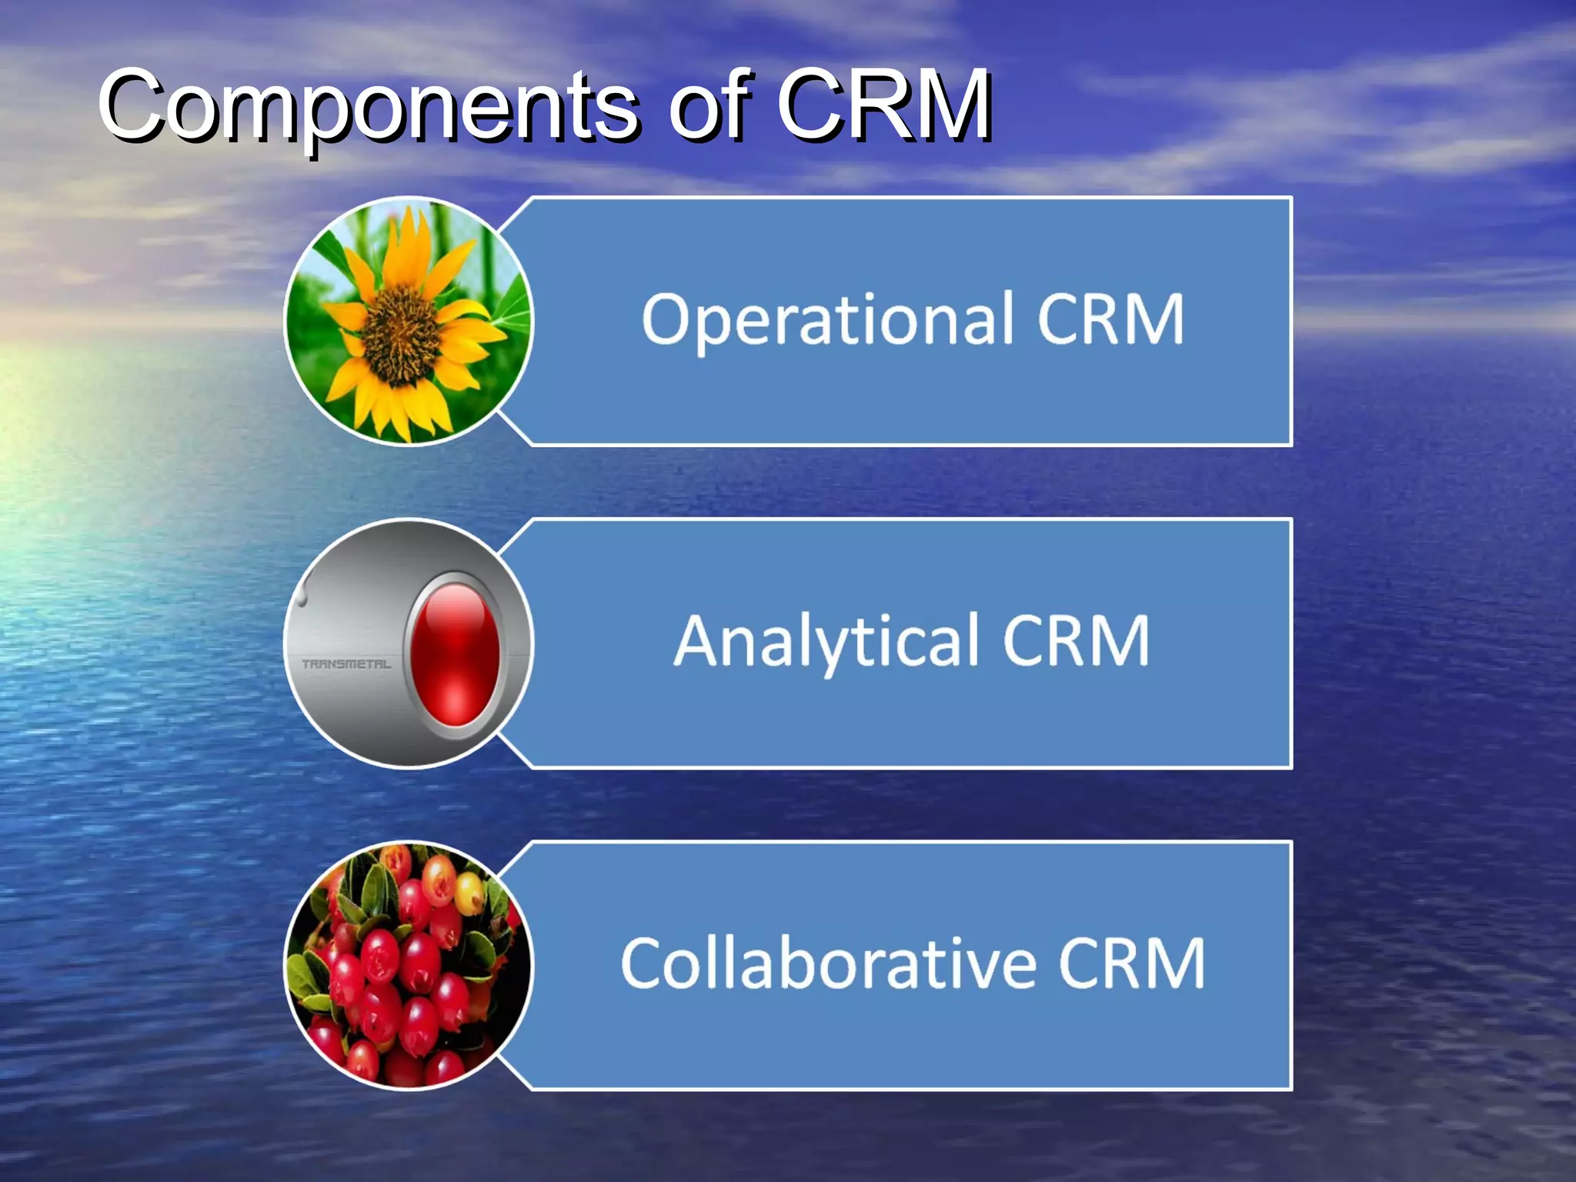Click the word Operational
point(828,320)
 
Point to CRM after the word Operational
point(1110,319)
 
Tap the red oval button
point(454,654)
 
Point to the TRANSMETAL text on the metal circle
point(346,664)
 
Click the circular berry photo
point(409,965)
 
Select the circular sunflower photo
point(409,320)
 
